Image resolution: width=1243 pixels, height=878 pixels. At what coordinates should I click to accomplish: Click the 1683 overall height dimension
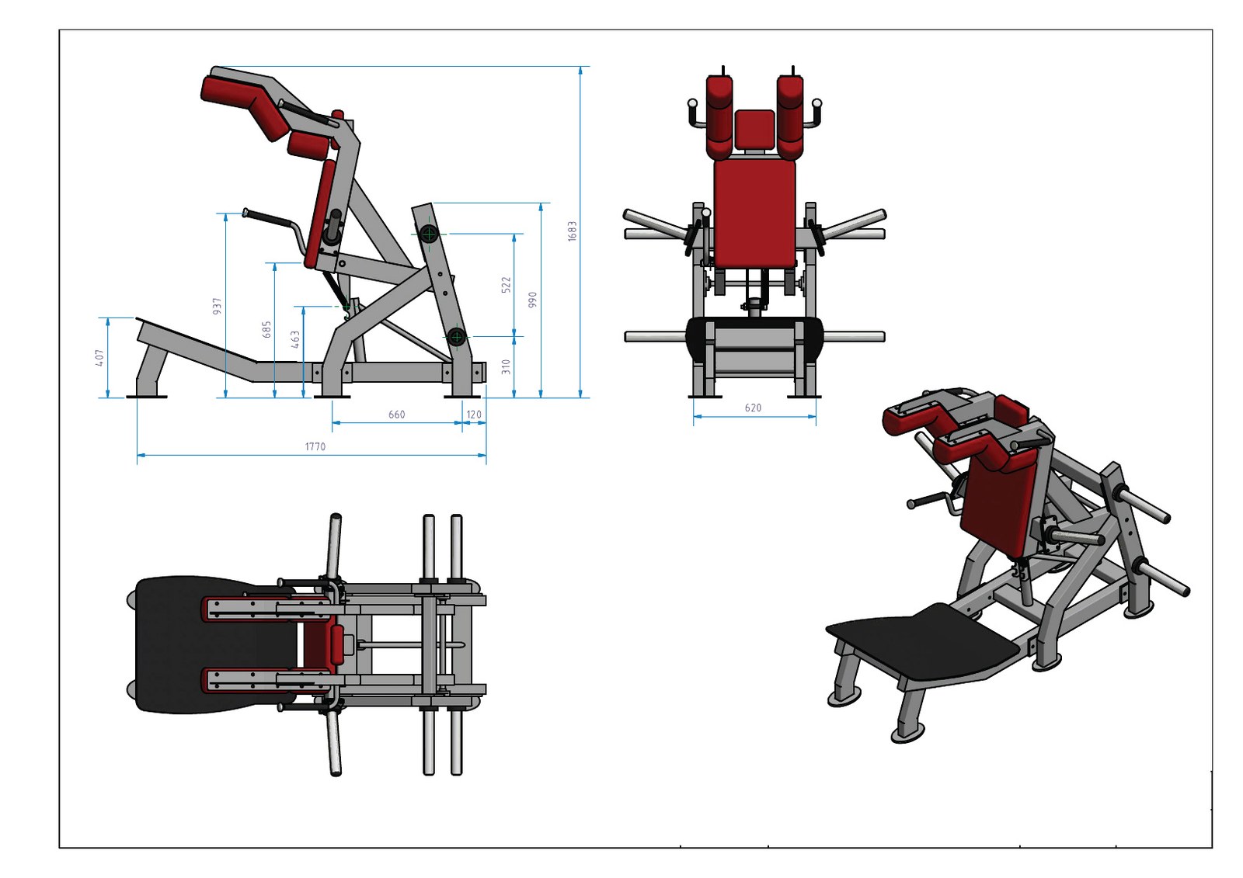coord(573,231)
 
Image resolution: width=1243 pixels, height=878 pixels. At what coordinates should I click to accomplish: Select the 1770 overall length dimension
coord(315,446)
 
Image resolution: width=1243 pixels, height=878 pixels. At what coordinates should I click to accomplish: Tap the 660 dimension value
coord(396,415)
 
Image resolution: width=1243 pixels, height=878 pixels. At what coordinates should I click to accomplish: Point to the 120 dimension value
coord(474,415)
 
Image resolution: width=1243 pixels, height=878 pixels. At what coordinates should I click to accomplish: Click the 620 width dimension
coord(753,408)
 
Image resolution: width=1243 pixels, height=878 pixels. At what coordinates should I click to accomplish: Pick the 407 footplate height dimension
coord(99,358)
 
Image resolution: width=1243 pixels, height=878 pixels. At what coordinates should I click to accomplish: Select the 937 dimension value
coord(218,306)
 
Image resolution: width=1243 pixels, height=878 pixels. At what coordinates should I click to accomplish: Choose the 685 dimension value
coord(267,329)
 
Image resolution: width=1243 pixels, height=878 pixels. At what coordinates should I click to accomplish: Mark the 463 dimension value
coord(295,339)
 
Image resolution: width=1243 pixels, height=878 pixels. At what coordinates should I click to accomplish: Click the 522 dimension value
coord(506,285)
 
